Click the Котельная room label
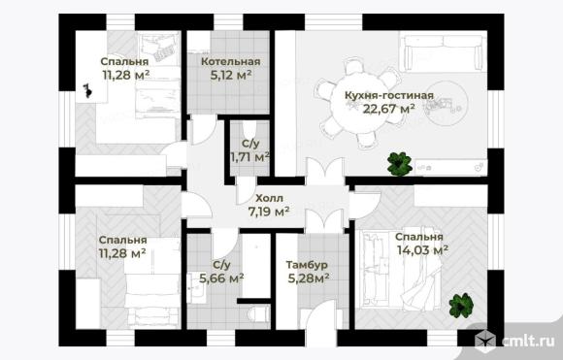[230, 62]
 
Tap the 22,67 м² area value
[389, 109]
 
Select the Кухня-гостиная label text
[389, 95]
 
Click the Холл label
[269, 198]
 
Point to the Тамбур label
[307, 265]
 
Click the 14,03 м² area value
[422, 249]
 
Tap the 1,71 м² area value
[249, 157]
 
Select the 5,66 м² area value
[221, 278]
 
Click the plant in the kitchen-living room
[399, 164]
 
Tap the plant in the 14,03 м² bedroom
[461, 305]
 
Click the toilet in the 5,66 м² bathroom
[258, 314]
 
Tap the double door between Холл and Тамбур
[326, 220]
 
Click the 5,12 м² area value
[230, 76]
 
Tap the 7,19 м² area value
[269, 212]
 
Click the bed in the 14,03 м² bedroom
[400, 269]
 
